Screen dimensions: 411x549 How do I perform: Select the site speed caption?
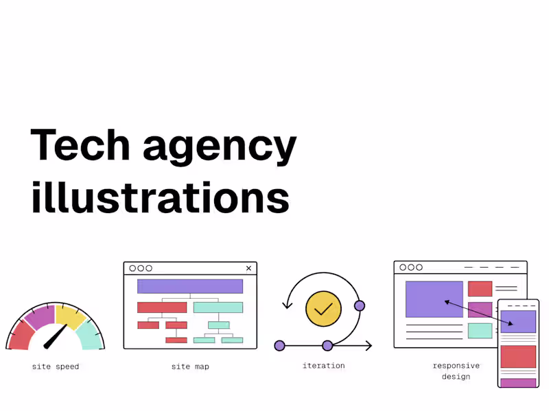pos(56,366)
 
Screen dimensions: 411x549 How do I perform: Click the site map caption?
pos(190,366)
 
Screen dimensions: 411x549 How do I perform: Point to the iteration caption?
pos(323,366)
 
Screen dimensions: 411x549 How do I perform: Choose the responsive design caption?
pos(456,371)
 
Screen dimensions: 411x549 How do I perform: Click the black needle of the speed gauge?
pos(55,336)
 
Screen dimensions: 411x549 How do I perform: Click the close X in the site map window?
pos(248,269)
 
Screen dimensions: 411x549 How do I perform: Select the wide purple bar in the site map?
pos(190,286)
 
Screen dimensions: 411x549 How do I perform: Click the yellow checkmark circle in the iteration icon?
pos(323,308)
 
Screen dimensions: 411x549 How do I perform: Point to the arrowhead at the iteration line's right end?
pos(369,346)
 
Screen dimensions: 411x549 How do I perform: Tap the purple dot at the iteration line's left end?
pos(279,346)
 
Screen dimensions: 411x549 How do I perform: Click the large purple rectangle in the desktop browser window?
pos(434,299)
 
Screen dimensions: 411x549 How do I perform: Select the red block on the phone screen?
pos(518,357)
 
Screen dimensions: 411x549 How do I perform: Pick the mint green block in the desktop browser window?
pos(480,331)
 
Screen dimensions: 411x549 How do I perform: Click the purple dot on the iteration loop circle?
pos(359,306)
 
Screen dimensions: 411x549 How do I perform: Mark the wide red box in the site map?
pos(162,308)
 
